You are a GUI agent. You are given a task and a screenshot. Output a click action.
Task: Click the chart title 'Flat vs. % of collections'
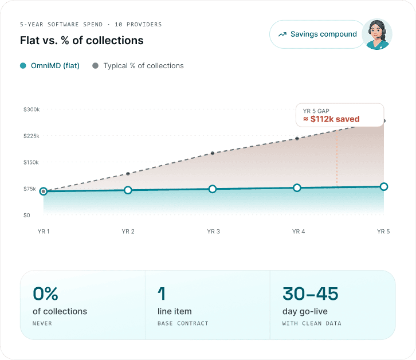coord(82,40)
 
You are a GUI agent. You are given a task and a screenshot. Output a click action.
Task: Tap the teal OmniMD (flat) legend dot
coord(23,65)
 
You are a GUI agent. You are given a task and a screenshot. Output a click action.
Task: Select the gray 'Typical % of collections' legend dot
coord(95,65)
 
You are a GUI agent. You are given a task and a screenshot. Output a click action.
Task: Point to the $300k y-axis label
coord(32,109)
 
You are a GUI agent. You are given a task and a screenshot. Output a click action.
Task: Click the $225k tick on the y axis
coord(32,136)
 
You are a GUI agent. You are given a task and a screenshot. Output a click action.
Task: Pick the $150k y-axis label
coord(31,162)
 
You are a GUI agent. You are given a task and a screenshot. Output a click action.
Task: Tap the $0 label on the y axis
coord(26,216)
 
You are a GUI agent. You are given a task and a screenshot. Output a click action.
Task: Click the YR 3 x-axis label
coord(213,232)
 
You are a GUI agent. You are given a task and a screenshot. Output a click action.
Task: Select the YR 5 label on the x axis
coord(383,232)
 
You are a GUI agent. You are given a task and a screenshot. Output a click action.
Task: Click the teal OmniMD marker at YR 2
coord(128,190)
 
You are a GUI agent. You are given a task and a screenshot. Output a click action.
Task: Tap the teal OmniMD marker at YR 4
coord(297,187)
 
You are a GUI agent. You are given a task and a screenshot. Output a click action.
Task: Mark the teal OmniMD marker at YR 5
coord(384,187)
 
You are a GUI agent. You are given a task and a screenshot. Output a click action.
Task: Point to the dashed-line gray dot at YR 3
coord(213,153)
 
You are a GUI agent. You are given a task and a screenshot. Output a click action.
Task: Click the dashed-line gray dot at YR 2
coord(128,174)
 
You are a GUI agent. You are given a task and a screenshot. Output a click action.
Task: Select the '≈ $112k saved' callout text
coord(331,119)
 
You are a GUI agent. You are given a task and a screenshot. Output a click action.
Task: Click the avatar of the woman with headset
coord(376,34)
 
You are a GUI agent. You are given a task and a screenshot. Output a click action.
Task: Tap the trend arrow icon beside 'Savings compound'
coord(282,34)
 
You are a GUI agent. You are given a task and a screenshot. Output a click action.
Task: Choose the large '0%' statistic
coord(45,294)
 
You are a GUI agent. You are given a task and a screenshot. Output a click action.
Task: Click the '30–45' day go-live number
coord(310,294)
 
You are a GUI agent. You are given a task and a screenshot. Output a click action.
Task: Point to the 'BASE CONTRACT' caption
coord(183,323)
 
